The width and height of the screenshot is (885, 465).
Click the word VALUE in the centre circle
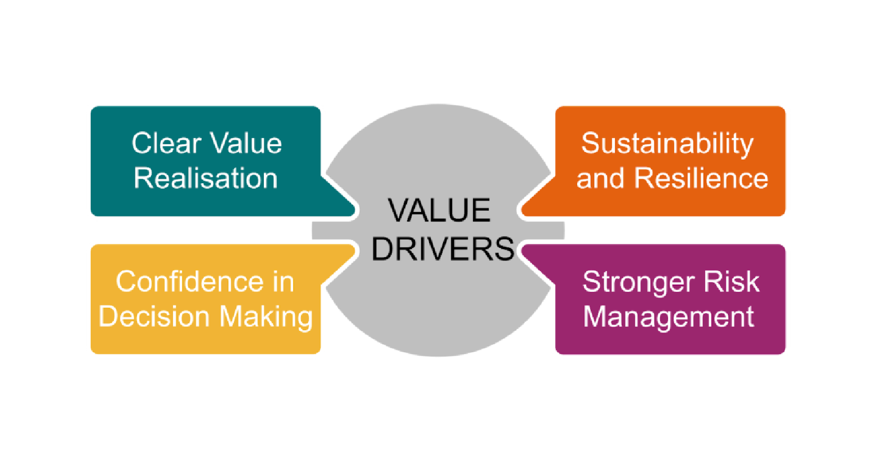(x=439, y=210)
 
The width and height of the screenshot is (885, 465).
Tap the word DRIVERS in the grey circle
(x=442, y=249)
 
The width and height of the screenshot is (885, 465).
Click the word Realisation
(x=206, y=178)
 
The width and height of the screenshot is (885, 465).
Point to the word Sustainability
(x=667, y=143)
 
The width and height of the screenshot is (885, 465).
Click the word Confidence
(x=189, y=281)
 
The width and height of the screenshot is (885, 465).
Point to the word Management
(x=669, y=317)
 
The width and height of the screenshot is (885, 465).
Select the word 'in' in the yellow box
(x=283, y=281)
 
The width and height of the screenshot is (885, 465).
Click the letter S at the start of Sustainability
(x=590, y=143)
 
